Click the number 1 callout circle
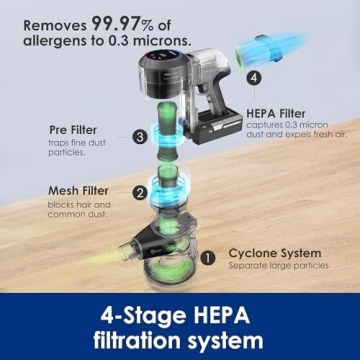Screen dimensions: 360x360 [x=208, y=257]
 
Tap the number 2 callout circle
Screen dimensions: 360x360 [x=140, y=193]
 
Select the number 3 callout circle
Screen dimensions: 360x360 [x=140, y=136]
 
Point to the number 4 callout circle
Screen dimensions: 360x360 [x=254, y=76]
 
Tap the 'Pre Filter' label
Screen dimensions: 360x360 [x=72, y=130]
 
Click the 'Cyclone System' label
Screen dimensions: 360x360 [x=275, y=253]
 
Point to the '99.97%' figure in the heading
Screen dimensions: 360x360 [x=141, y=21]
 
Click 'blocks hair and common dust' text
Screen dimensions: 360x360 [x=77, y=209]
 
